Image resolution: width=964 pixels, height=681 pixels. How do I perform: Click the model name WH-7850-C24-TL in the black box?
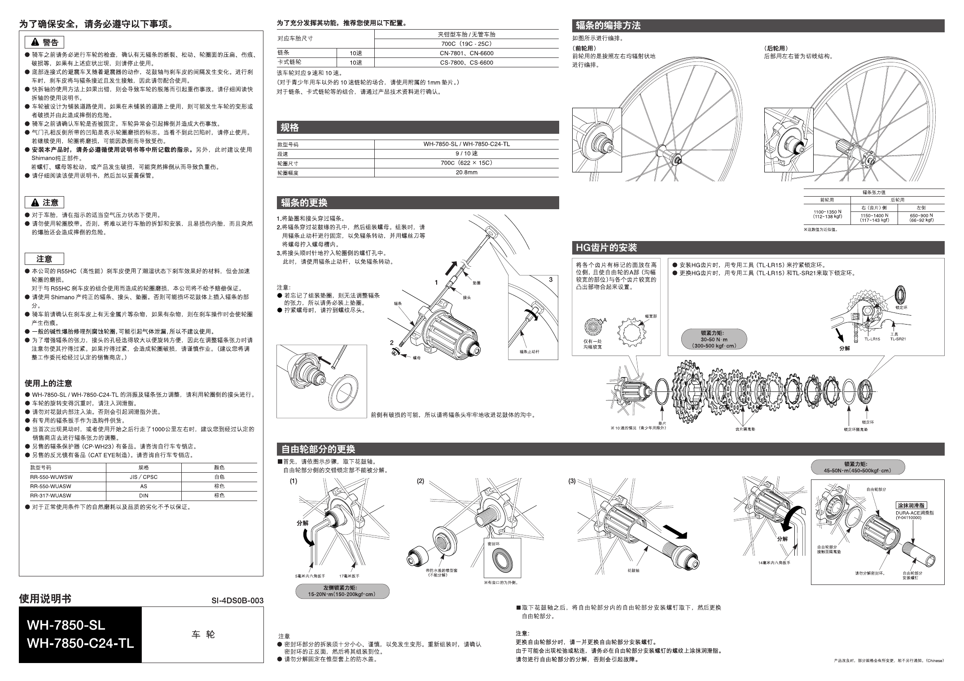click(x=80, y=643)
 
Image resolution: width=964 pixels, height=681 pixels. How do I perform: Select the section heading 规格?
click(x=290, y=128)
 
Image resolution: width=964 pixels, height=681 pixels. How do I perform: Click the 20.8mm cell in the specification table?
click(x=466, y=172)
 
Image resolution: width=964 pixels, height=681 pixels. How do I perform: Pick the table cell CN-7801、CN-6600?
click(x=466, y=53)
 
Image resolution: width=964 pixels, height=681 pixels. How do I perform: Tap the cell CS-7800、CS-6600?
click(x=466, y=63)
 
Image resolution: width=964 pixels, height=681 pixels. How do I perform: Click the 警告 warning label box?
click(x=44, y=43)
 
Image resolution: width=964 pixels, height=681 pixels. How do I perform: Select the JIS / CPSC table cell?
click(x=144, y=477)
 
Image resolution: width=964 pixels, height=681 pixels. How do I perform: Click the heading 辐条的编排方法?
click(x=608, y=26)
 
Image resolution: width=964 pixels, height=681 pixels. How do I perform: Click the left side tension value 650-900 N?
click(x=921, y=215)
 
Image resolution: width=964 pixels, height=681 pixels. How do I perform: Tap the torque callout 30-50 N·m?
click(x=714, y=340)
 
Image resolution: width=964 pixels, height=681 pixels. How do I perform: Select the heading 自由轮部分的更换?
click(x=318, y=449)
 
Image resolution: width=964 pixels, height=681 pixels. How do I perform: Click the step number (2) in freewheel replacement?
click(x=421, y=481)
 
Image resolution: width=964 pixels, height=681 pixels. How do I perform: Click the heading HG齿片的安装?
click(x=606, y=248)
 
